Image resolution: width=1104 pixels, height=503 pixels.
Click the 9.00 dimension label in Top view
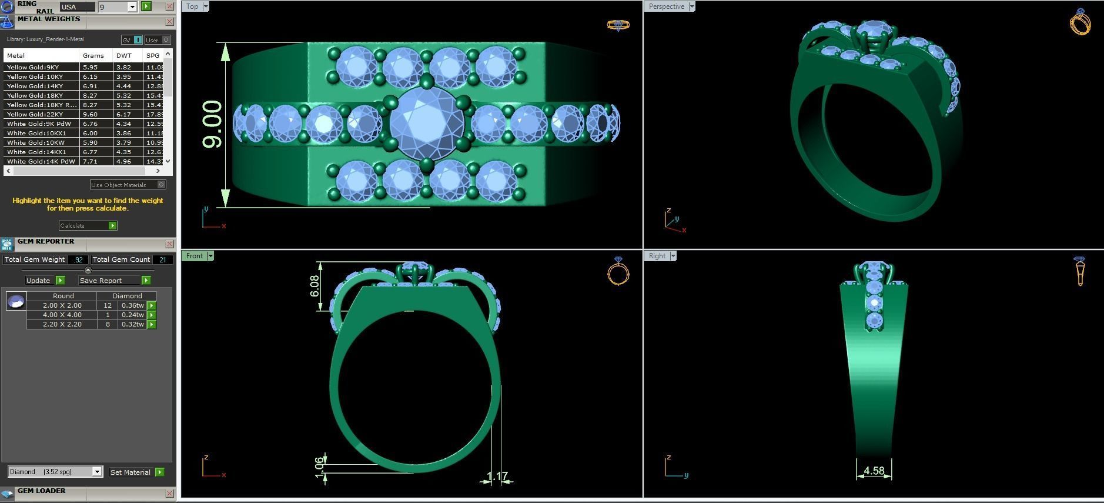(212, 124)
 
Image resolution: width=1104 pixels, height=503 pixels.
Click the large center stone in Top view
(427, 123)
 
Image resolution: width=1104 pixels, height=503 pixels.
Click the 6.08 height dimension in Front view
(315, 286)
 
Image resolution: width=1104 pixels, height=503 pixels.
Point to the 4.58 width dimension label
(874, 471)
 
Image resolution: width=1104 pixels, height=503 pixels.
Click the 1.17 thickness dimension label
(497, 476)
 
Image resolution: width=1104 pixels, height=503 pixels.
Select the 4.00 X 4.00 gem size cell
(62, 315)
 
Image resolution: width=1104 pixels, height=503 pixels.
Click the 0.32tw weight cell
(132, 324)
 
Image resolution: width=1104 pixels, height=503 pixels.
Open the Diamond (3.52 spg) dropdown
(97, 472)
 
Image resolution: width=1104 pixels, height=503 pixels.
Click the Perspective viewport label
(667, 6)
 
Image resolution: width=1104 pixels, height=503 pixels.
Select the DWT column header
(124, 55)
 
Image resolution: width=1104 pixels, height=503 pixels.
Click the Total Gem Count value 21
(162, 259)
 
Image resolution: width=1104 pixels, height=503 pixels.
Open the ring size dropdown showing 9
(132, 7)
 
